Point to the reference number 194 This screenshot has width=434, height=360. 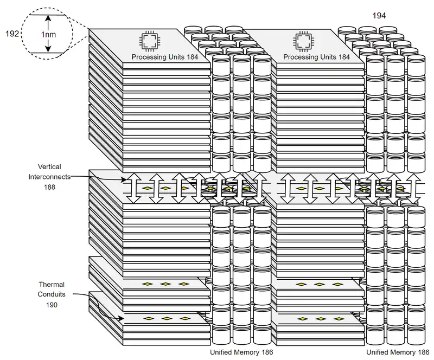(379, 16)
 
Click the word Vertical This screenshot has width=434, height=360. (49, 167)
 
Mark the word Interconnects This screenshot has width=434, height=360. (50, 176)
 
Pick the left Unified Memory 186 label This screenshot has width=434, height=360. (241, 352)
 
